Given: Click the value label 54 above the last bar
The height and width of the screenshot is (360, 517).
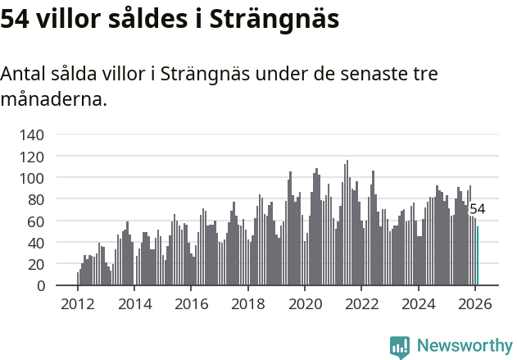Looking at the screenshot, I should [477, 209].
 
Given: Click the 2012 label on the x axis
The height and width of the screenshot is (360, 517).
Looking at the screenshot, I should [78, 303].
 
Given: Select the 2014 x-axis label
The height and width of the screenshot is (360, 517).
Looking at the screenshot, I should [134, 303].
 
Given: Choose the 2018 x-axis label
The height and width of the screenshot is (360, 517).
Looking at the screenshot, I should [248, 303].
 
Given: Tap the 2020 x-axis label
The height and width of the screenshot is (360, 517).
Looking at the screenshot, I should [305, 303].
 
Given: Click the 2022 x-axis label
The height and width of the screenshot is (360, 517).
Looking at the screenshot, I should [361, 303].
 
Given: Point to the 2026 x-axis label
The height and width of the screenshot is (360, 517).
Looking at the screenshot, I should [475, 303].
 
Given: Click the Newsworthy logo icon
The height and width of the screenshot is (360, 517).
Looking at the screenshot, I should [400, 346].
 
